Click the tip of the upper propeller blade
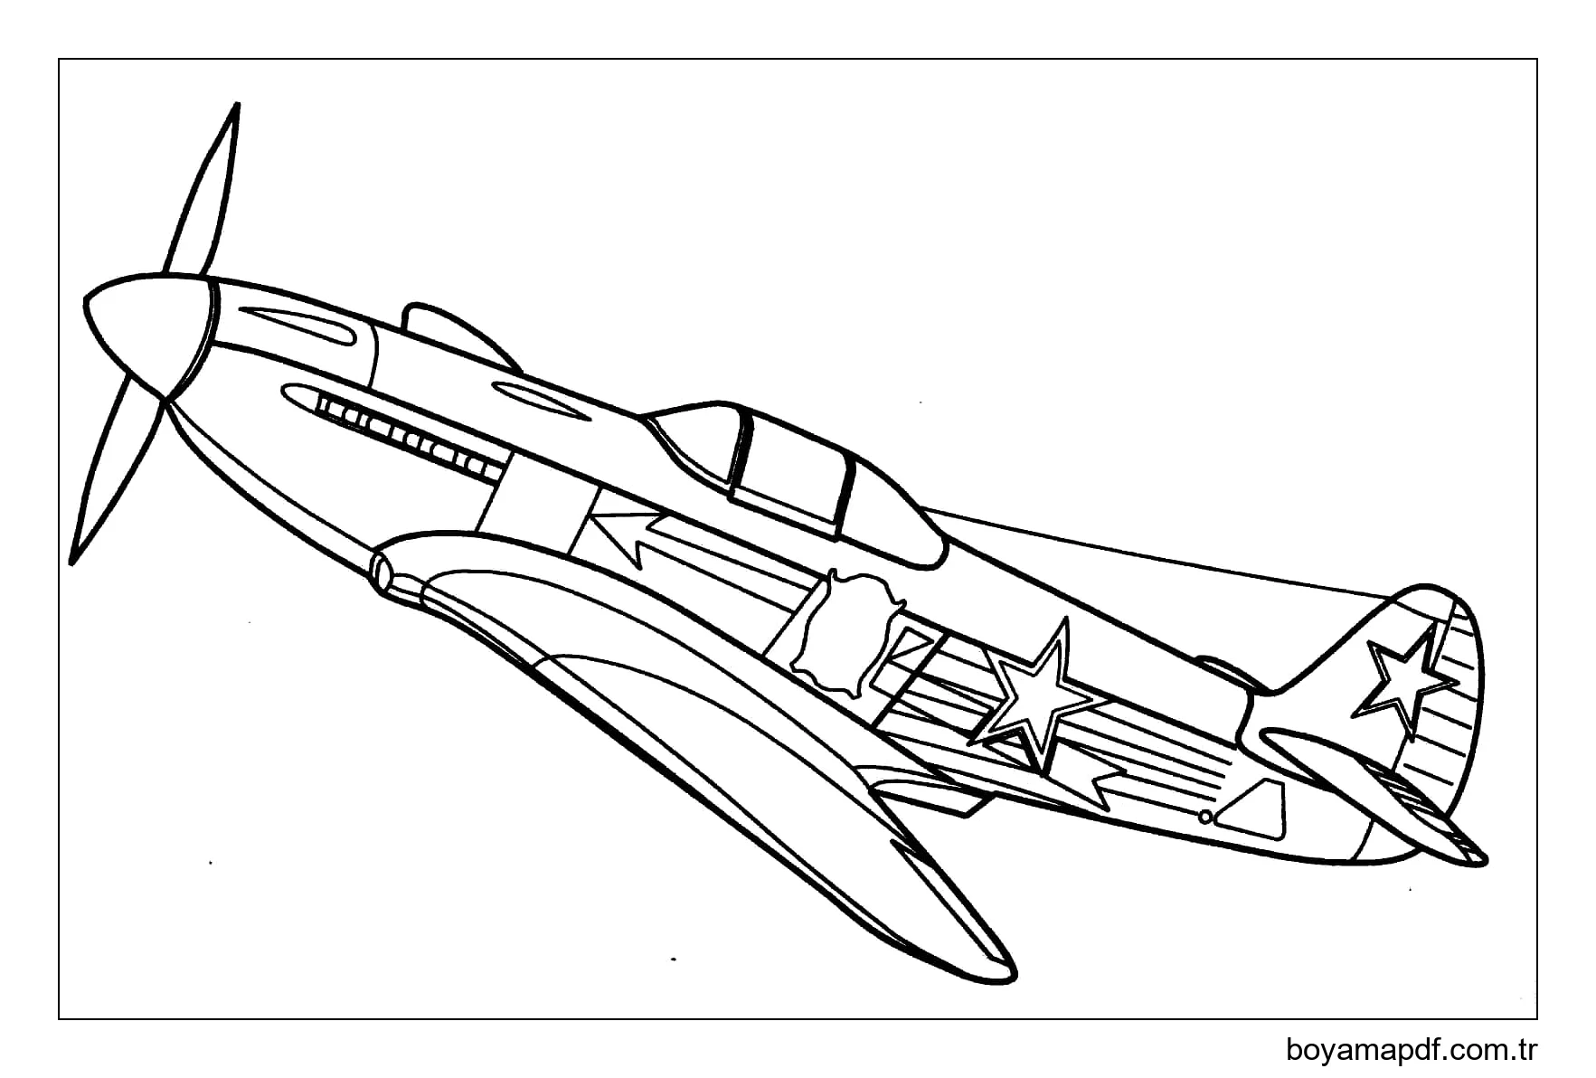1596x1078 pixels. [x=237, y=103]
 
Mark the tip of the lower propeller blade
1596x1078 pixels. [x=72, y=563]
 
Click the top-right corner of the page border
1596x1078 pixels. [x=1537, y=60]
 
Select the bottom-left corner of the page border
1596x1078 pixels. [x=60, y=1019]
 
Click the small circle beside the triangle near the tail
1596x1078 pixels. [x=1205, y=817]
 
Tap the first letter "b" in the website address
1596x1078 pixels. [x=1294, y=1050]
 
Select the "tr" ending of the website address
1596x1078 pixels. [x=1527, y=1051]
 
